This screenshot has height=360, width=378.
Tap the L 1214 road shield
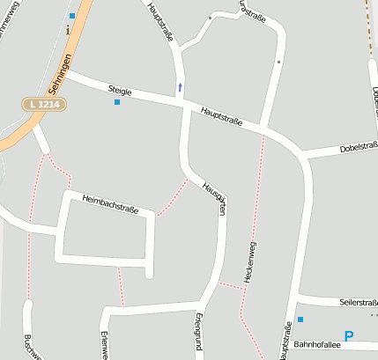tap(43, 104)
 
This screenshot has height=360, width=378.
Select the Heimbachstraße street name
tap(110, 205)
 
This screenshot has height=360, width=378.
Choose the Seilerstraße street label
tap(358, 302)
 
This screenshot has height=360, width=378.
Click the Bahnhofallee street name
tap(316, 344)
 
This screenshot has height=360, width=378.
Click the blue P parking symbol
tap(349, 335)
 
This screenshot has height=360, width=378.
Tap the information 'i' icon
tap(68, 29)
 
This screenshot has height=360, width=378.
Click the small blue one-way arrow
tap(181, 86)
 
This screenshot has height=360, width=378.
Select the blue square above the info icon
tap(71, 16)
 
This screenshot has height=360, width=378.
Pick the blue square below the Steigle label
tap(116, 102)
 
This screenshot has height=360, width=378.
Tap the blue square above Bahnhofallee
tap(300, 319)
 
